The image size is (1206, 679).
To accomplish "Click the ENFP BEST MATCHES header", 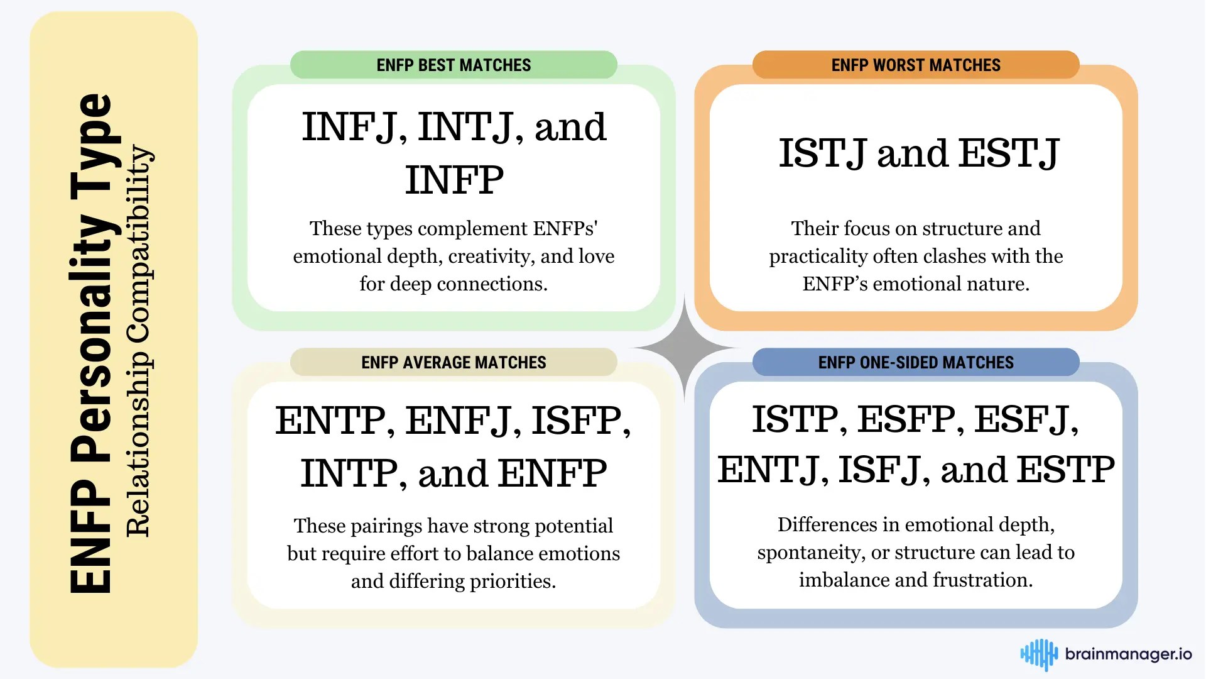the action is (x=454, y=65).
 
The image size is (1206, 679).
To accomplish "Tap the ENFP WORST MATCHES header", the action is (x=916, y=65).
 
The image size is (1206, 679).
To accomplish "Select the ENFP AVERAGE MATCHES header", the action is (x=454, y=362).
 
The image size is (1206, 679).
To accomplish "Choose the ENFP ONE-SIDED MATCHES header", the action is (x=916, y=362).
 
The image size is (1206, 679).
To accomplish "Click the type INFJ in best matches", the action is (x=349, y=127).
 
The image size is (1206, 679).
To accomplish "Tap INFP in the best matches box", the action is (x=454, y=180).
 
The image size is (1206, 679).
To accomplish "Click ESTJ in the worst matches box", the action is (x=1009, y=153).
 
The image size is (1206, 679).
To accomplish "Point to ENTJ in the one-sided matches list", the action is (x=768, y=470).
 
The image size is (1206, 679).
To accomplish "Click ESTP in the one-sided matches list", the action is (x=1066, y=470).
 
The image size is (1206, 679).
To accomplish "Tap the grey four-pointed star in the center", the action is (x=684, y=348).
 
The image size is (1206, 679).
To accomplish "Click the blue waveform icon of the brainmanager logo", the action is (x=1039, y=654).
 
